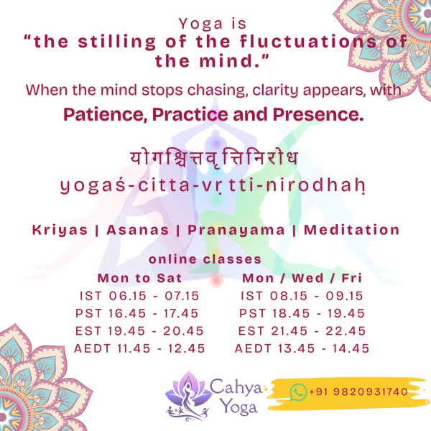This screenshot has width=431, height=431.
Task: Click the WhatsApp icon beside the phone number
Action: pos(298,391)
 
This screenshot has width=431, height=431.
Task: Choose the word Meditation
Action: pos(351,231)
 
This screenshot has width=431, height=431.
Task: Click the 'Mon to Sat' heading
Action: pos(139,278)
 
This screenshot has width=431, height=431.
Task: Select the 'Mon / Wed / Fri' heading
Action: pos(302,278)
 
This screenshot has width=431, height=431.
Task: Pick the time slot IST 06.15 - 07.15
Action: pos(139,296)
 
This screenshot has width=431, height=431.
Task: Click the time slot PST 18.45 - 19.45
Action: pos(302,313)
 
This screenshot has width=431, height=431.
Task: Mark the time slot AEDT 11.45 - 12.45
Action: pos(139,348)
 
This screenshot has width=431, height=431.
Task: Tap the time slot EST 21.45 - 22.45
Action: pos(302,331)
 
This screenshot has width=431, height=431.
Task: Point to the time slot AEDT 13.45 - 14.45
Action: pos(302,348)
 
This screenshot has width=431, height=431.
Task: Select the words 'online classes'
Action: pos(205,260)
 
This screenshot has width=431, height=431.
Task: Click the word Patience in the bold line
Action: pos(98,114)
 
